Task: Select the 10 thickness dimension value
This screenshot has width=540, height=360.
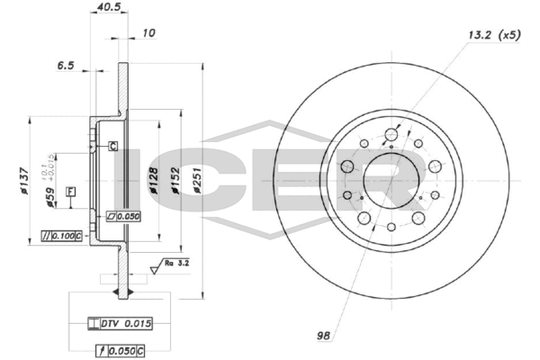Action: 148,34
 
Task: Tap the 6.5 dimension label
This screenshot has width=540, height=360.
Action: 65,67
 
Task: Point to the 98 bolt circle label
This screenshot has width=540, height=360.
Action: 323,336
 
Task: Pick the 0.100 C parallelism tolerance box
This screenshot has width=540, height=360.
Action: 62,236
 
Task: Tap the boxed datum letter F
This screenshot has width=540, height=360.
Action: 69,191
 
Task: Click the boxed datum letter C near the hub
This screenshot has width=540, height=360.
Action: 113,146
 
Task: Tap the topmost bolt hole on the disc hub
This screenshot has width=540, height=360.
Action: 391,137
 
